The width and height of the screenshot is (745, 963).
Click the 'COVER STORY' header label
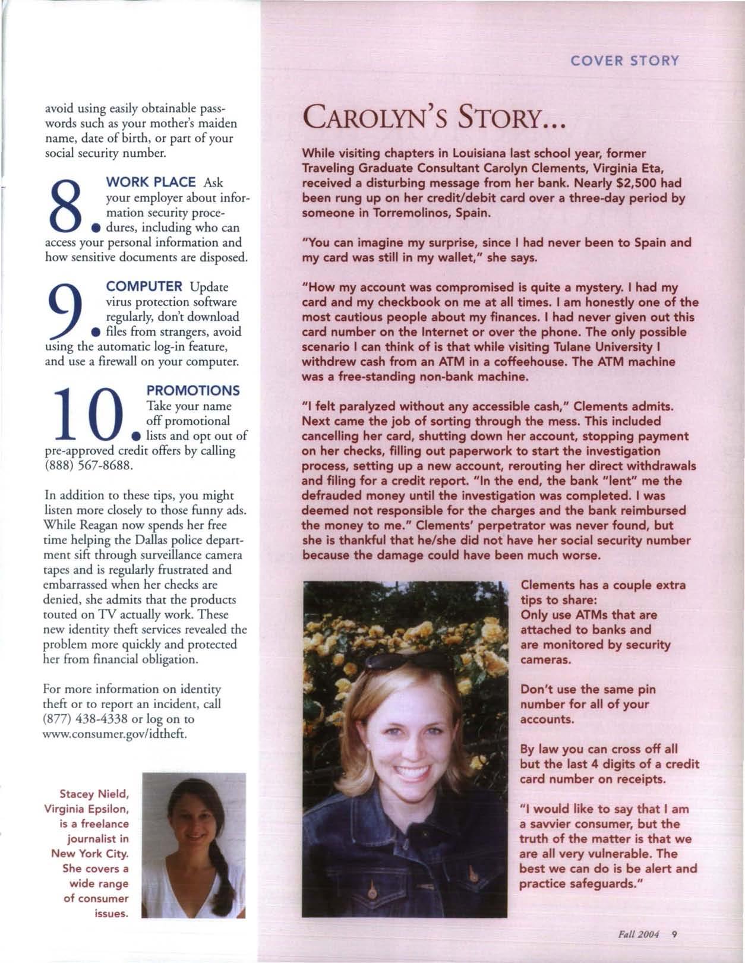[x=624, y=61]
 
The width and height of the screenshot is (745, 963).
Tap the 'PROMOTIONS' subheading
[x=192, y=390]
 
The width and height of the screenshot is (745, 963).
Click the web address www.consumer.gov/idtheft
[x=116, y=734]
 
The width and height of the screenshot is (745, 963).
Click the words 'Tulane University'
[x=594, y=347]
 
